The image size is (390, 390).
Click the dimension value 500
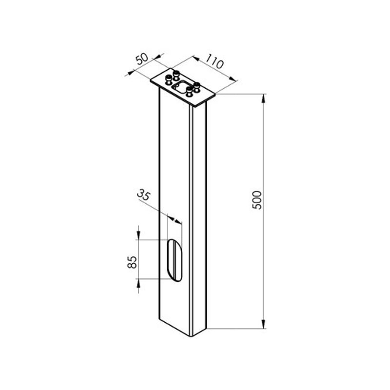click(x=257, y=200)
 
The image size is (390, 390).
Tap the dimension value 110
click(x=214, y=62)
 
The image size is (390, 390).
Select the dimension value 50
click(x=142, y=59)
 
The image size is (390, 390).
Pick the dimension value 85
click(x=132, y=262)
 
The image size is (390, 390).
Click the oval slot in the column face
click(x=175, y=260)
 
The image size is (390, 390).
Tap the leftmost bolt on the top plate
click(x=169, y=79)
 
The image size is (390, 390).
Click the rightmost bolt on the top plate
click(x=197, y=87)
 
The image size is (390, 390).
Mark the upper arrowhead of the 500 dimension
click(x=263, y=98)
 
